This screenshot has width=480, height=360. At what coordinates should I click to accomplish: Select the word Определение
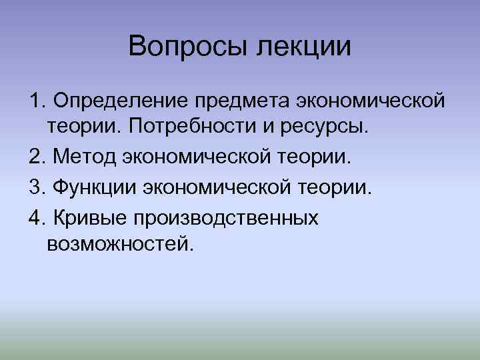point(121,102)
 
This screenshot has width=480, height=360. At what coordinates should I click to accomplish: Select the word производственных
point(227,217)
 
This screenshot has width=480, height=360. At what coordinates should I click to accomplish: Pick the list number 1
point(35,102)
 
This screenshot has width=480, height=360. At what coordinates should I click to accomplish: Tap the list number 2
point(35,157)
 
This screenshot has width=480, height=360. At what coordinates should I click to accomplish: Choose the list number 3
point(35,187)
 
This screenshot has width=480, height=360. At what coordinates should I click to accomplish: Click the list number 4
point(35,217)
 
